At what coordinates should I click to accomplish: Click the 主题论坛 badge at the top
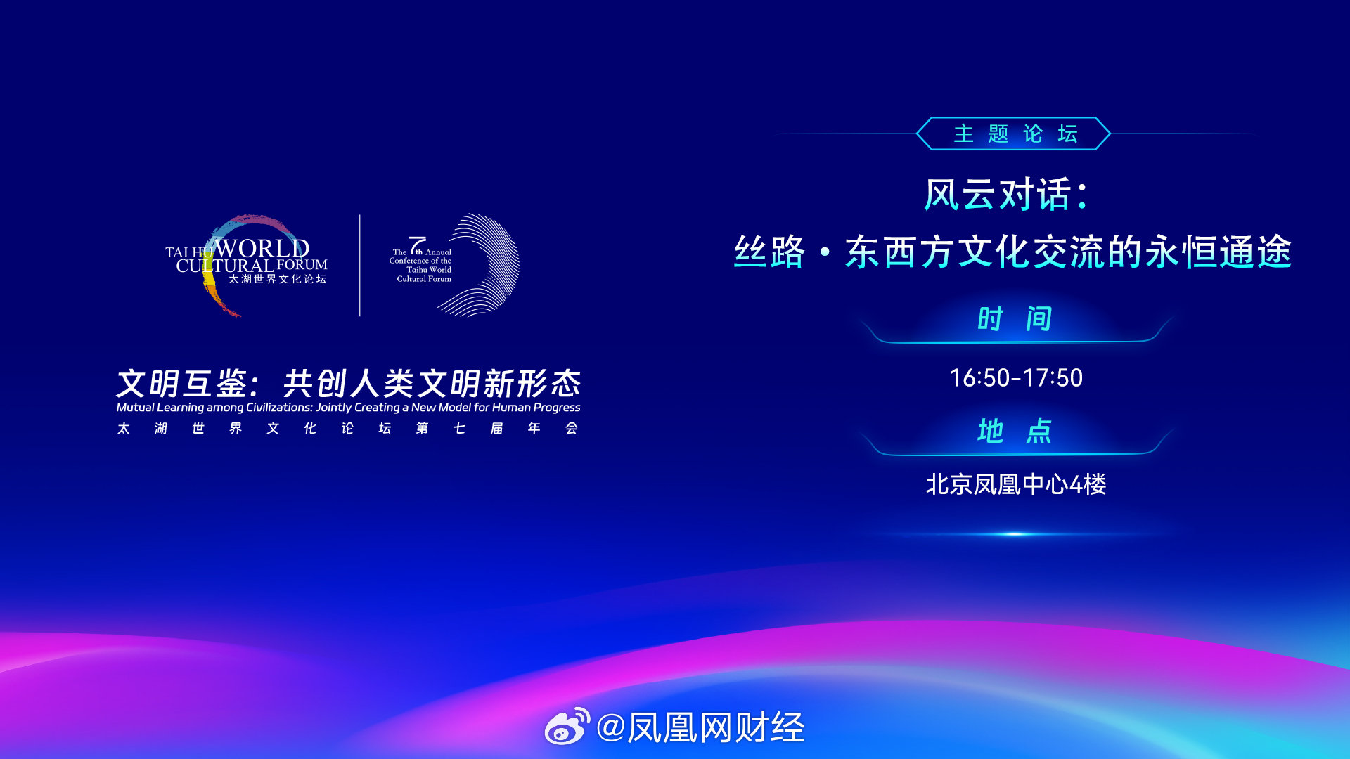tap(1014, 134)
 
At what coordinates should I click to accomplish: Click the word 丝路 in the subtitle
tap(769, 252)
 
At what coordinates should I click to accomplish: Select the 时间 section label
tap(1015, 319)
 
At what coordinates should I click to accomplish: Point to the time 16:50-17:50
tap(1015, 378)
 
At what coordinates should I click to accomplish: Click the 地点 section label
tap(1015, 431)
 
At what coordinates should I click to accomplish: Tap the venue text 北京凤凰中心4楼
tap(1015, 484)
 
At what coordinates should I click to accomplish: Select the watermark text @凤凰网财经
tap(700, 727)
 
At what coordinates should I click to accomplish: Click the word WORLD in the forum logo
tap(262, 248)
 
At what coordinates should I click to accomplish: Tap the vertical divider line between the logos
tap(360, 265)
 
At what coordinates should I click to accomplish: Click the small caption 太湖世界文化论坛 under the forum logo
tap(278, 279)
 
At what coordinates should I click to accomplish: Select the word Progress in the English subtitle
tap(557, 408)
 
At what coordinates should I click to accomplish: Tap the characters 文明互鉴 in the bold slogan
tap(182, 384)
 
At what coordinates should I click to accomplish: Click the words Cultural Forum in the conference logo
tap(424, 279)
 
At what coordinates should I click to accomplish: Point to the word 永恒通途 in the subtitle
tap(1219, 252)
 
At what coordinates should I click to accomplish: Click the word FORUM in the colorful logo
tap(302, 265)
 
